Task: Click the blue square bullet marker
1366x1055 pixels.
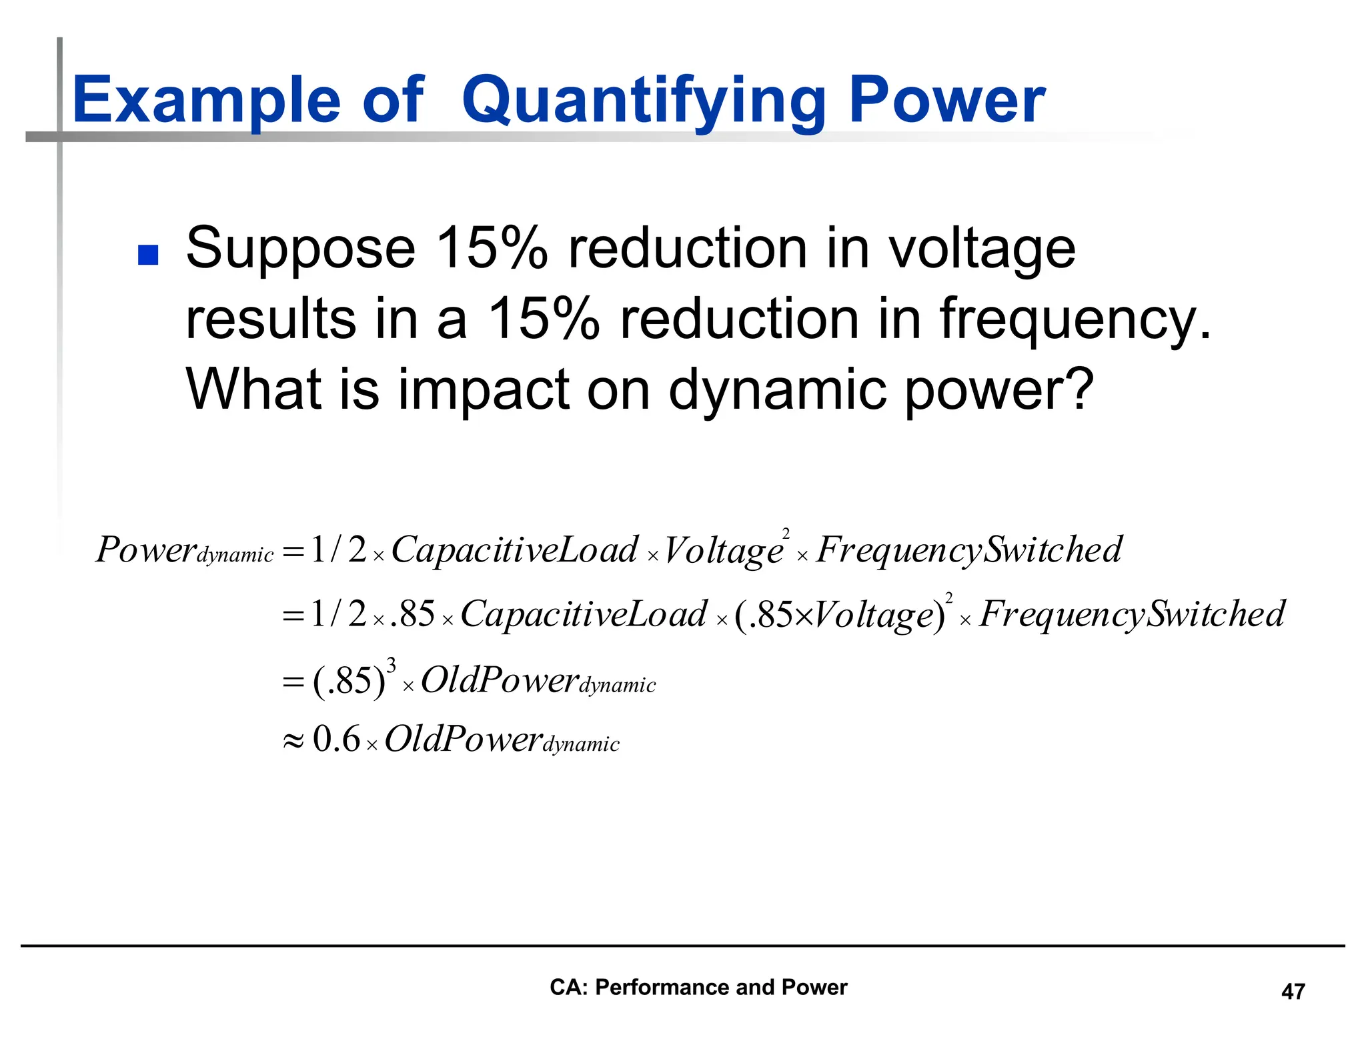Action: tap(147, 255)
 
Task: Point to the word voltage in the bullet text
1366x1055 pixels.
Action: tap(982, 249)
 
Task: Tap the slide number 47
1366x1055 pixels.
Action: tap(1293, 992)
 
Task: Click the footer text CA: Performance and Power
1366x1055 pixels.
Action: tap(698, 987)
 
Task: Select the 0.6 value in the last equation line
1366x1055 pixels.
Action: tap(336, 739)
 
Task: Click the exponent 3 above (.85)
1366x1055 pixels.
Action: tap(392, 666)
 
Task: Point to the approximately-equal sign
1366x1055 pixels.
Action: tap(293, 741)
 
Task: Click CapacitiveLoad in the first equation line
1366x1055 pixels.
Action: tap(514, 550)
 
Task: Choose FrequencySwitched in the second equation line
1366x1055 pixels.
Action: tap(1131, 614)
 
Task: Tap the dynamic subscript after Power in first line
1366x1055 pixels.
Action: tap(235, 555)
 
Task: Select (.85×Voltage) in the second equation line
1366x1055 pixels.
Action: tap(839, 615)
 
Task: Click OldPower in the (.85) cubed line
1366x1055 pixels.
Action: tap(499, 681)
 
